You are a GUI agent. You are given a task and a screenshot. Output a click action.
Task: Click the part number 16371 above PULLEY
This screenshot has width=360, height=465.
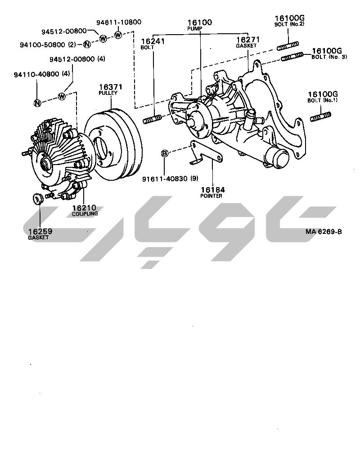(110, 87)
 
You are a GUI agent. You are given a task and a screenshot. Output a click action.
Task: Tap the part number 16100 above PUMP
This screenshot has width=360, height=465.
(200, 22)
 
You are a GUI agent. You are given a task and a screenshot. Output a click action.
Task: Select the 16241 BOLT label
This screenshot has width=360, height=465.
(153, 44)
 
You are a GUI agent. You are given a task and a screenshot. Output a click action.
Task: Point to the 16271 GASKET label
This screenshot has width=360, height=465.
(248, 42)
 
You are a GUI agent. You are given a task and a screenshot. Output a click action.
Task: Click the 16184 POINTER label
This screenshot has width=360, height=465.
(212, 192)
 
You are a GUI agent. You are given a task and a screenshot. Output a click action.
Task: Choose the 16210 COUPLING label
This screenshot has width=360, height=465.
(85, 210)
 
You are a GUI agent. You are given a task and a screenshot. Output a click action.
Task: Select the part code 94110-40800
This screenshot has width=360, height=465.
(36, 74)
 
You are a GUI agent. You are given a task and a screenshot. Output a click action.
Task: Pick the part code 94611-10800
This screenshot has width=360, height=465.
(119, 22)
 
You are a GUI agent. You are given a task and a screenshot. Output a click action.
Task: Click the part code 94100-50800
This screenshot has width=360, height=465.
(42, 45)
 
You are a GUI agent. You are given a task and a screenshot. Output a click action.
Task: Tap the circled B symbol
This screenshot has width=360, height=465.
(165, 153)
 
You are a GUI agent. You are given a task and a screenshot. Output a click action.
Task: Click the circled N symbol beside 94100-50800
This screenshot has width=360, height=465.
(87, 45)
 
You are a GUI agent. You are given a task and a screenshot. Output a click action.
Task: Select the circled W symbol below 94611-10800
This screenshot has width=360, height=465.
(118, 35)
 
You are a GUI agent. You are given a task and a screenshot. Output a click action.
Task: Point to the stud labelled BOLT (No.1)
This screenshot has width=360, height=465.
(320, 116)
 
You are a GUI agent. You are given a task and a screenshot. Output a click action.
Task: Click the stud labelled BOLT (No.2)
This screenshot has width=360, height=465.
(288, 46)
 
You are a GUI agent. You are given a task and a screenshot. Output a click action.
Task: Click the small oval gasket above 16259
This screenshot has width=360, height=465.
(37, 198)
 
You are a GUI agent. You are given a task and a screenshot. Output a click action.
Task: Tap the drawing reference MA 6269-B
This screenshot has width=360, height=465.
(324, 232)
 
